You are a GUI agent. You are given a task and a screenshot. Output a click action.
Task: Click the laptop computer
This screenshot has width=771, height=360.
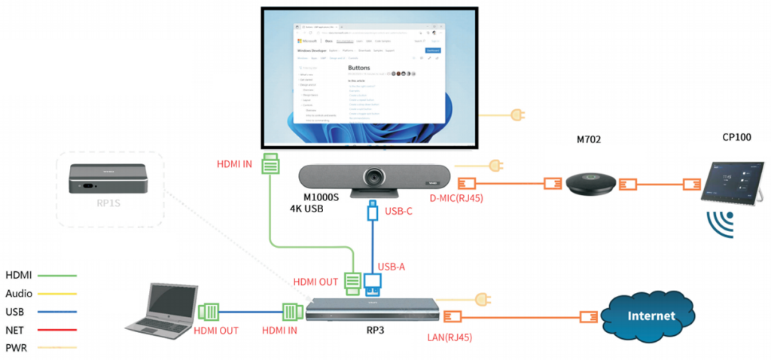pos(161,309)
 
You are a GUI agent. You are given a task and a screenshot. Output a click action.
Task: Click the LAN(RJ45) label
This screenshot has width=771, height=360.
pos(450,337)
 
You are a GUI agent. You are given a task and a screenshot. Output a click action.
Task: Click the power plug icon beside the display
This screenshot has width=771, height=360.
pos(517,115)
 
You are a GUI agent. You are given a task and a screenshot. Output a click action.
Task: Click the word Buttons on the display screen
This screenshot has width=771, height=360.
pos(364,67)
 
